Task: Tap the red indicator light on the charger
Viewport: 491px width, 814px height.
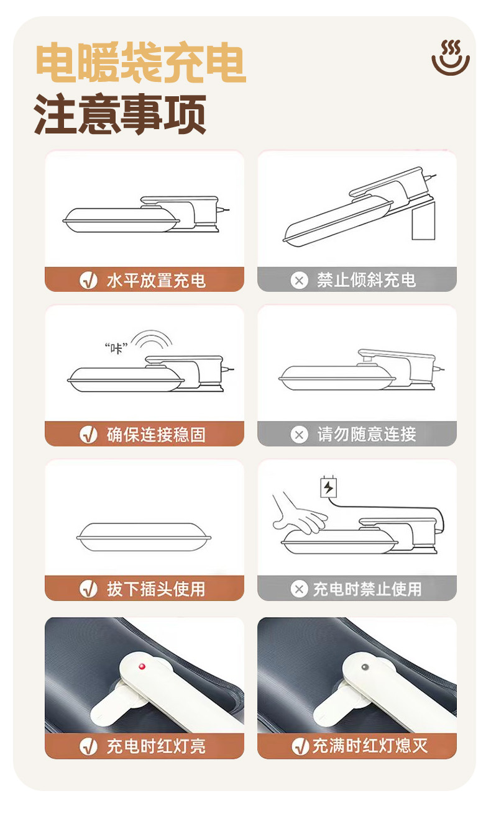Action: click(142, 666)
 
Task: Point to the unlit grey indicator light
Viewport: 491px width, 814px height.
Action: click(365, 667)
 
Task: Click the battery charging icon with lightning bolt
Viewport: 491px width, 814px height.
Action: click(328, 487)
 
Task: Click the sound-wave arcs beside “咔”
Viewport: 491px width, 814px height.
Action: click(152, 338)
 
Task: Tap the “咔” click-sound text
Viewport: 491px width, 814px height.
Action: click(116, 348)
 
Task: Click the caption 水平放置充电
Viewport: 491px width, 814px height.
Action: click(156, 281)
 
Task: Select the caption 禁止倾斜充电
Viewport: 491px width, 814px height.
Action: click(366, 280)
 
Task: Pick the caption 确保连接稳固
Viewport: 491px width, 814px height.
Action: click(156, 435)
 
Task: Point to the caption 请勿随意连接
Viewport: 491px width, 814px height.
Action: click(366, 434)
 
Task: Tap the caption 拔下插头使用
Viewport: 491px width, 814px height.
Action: click(156, 589)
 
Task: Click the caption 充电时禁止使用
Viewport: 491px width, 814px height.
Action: click(367, 589)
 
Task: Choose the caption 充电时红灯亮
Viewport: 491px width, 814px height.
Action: click(156, 746)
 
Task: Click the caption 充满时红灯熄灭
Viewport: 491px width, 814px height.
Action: click(370, 746)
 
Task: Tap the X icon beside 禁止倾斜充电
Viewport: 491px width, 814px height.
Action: click(299, 281)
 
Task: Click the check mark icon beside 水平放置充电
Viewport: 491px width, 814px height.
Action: click(88, 281)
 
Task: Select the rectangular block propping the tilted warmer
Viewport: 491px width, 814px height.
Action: click(423, 220)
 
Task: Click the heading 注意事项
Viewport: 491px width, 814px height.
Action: click(120, 114)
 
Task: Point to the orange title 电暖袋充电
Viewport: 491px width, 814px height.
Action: click(140, 62)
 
